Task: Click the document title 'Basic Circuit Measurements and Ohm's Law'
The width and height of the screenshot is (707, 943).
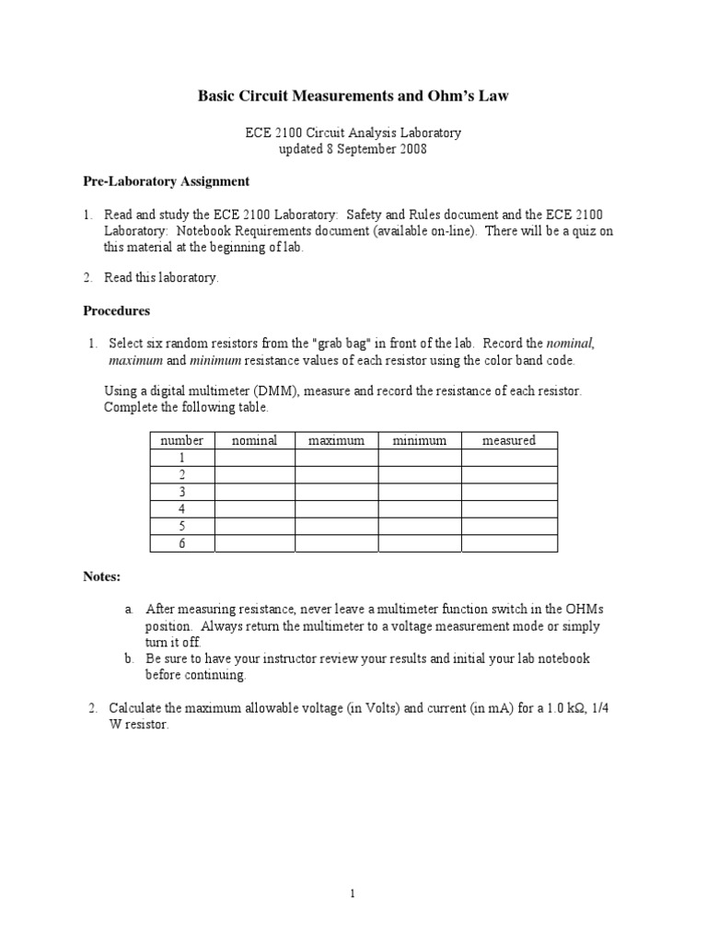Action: [353, 96]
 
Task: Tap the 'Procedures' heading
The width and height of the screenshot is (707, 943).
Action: [116, 310]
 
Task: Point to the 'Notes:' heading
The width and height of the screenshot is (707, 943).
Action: [102, 576]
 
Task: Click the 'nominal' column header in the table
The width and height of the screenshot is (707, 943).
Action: [254, 441]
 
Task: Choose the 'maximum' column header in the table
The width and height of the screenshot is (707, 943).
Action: [336, 441]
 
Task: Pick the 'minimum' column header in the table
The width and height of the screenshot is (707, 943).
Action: [419, 441]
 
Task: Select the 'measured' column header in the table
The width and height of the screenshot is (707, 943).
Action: [508, 441]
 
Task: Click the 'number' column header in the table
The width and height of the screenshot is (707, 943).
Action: [181, 441]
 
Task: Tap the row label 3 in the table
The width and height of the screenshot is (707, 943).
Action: [181, 492]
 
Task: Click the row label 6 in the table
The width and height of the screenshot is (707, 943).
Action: [181, 543]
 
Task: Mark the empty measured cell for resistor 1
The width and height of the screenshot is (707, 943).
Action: [508, 458]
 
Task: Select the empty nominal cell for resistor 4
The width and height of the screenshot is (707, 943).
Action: [254, 509]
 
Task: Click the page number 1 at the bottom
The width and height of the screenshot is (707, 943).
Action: [353, 892]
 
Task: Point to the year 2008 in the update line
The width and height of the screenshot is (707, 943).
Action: [411, 149]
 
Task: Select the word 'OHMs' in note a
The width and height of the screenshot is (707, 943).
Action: [578, 610]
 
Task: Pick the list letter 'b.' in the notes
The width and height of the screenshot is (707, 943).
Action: [130, 658]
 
